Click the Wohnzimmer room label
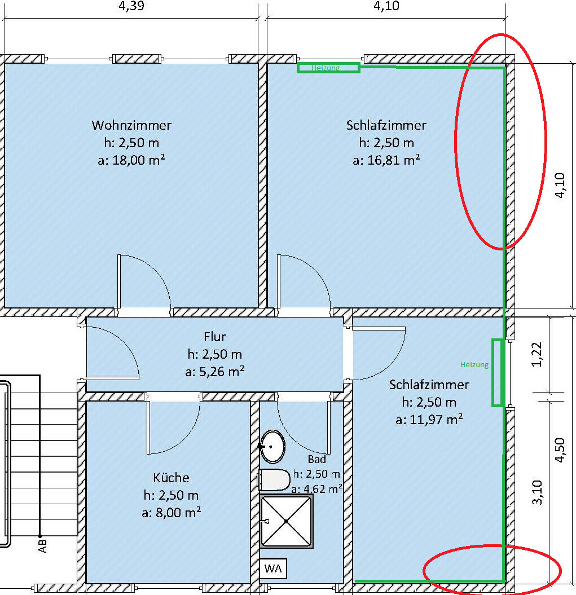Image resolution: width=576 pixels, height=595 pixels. tap(131, 125)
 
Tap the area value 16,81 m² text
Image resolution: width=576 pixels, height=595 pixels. tap(386, 160)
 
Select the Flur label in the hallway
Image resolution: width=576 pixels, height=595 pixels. tap(214, 337)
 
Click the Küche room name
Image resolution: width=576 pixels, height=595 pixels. tap(171, 478)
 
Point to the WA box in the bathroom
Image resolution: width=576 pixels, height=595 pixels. tap(274, 568)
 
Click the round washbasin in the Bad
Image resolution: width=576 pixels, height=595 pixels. tap(273, 446)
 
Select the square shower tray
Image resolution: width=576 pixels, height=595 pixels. tap(287, 521)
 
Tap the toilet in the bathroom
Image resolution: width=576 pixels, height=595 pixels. tap(275, 480)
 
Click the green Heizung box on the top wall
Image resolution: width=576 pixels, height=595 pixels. tap(328, 68)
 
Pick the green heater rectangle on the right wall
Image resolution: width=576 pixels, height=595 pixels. tap(496, 372)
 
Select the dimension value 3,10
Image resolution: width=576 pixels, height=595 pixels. tap(537, 492)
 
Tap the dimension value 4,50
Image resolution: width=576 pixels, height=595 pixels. tap(559, 450)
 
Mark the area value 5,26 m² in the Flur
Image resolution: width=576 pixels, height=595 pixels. tap(214, 372)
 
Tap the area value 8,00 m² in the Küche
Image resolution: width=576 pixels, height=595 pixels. tap(171, 513)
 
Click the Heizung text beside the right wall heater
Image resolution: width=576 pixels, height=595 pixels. tap(474, 365)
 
